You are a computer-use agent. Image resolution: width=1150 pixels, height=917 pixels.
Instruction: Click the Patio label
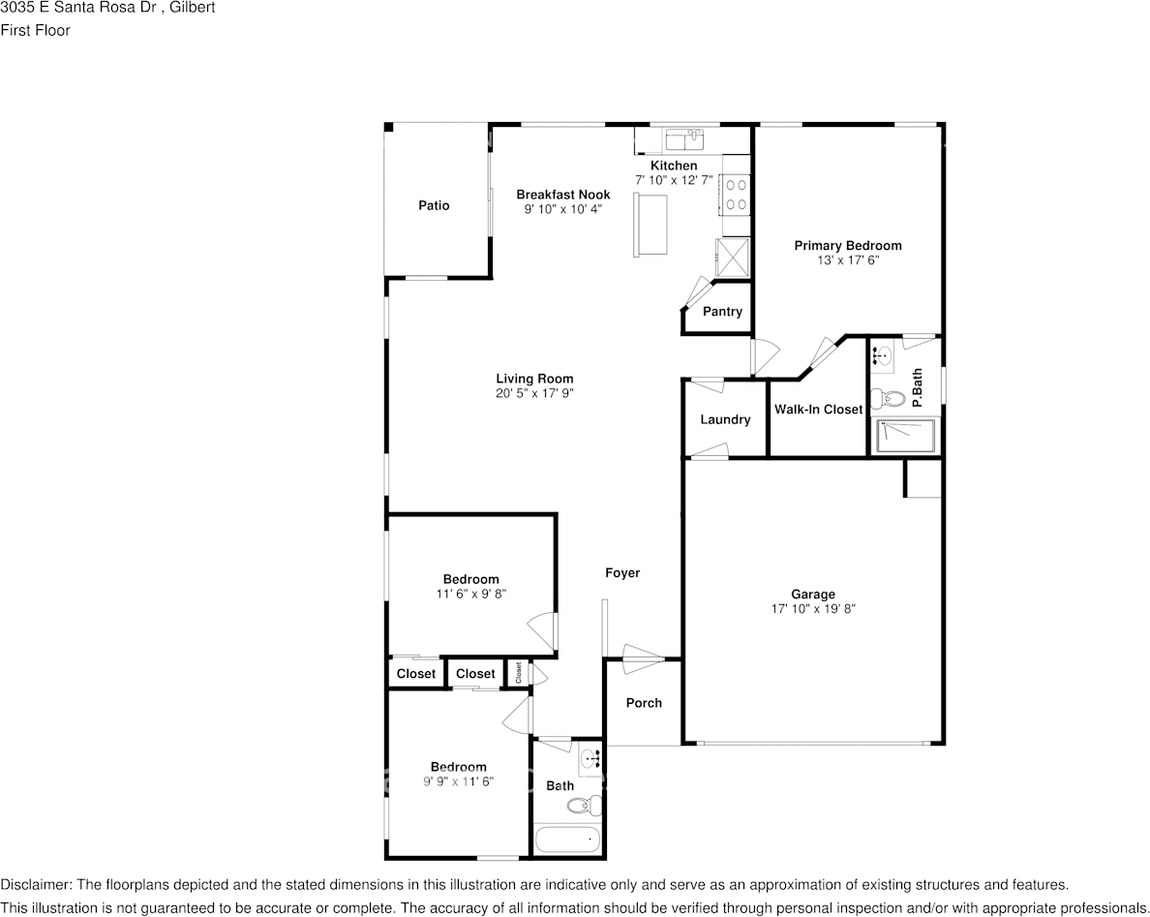pyautogui.click(x=434, y=205)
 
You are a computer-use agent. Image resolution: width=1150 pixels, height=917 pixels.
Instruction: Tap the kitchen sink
pyautogui.click(x=683, y=138)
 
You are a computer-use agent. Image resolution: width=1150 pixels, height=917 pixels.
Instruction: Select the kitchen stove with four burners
pyautogui.click(x=736, y=195)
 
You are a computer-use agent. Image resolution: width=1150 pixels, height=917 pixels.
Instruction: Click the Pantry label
pyautogui.click(x=722, y=311)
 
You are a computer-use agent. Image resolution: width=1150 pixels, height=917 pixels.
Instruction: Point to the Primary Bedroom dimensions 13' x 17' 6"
pyautogui.click(x=848, y=260)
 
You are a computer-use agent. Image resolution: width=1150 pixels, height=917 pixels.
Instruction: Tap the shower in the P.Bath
pyautogui.click(x=906, y=436)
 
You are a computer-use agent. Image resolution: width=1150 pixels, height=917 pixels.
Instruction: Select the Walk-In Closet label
pyautogui.click(x=819, y=410)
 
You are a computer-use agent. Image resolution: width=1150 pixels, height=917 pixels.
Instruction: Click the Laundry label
pyautogui.click(x=725, y=419)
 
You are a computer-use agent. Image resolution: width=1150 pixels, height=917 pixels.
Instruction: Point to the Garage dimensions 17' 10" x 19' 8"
pyautogui.click(x=813, y=608)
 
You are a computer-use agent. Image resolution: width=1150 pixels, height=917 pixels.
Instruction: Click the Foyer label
pyautogui.click(x=622, y=573)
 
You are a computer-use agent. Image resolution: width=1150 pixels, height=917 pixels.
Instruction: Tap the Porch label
pyautogui.click(x=644, y=703)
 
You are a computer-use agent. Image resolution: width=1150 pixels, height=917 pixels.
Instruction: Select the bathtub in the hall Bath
pyautogui.click(x=567, y=840)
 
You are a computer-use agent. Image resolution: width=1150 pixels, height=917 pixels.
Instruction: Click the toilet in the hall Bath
pyautogui.click(x=584, y=806)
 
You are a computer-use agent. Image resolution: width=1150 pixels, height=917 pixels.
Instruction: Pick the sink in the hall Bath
pyautogui.click(x=590, y=758)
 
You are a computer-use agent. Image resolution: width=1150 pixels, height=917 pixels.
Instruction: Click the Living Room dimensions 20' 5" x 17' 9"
pyautogui.click(x=534, y=393)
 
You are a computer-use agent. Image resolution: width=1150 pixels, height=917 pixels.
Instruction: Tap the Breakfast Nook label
pyautogui.click(x=563, y=195)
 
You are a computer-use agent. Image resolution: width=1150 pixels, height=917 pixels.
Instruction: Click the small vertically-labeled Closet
pyautogui.click(x=518, y=673)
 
